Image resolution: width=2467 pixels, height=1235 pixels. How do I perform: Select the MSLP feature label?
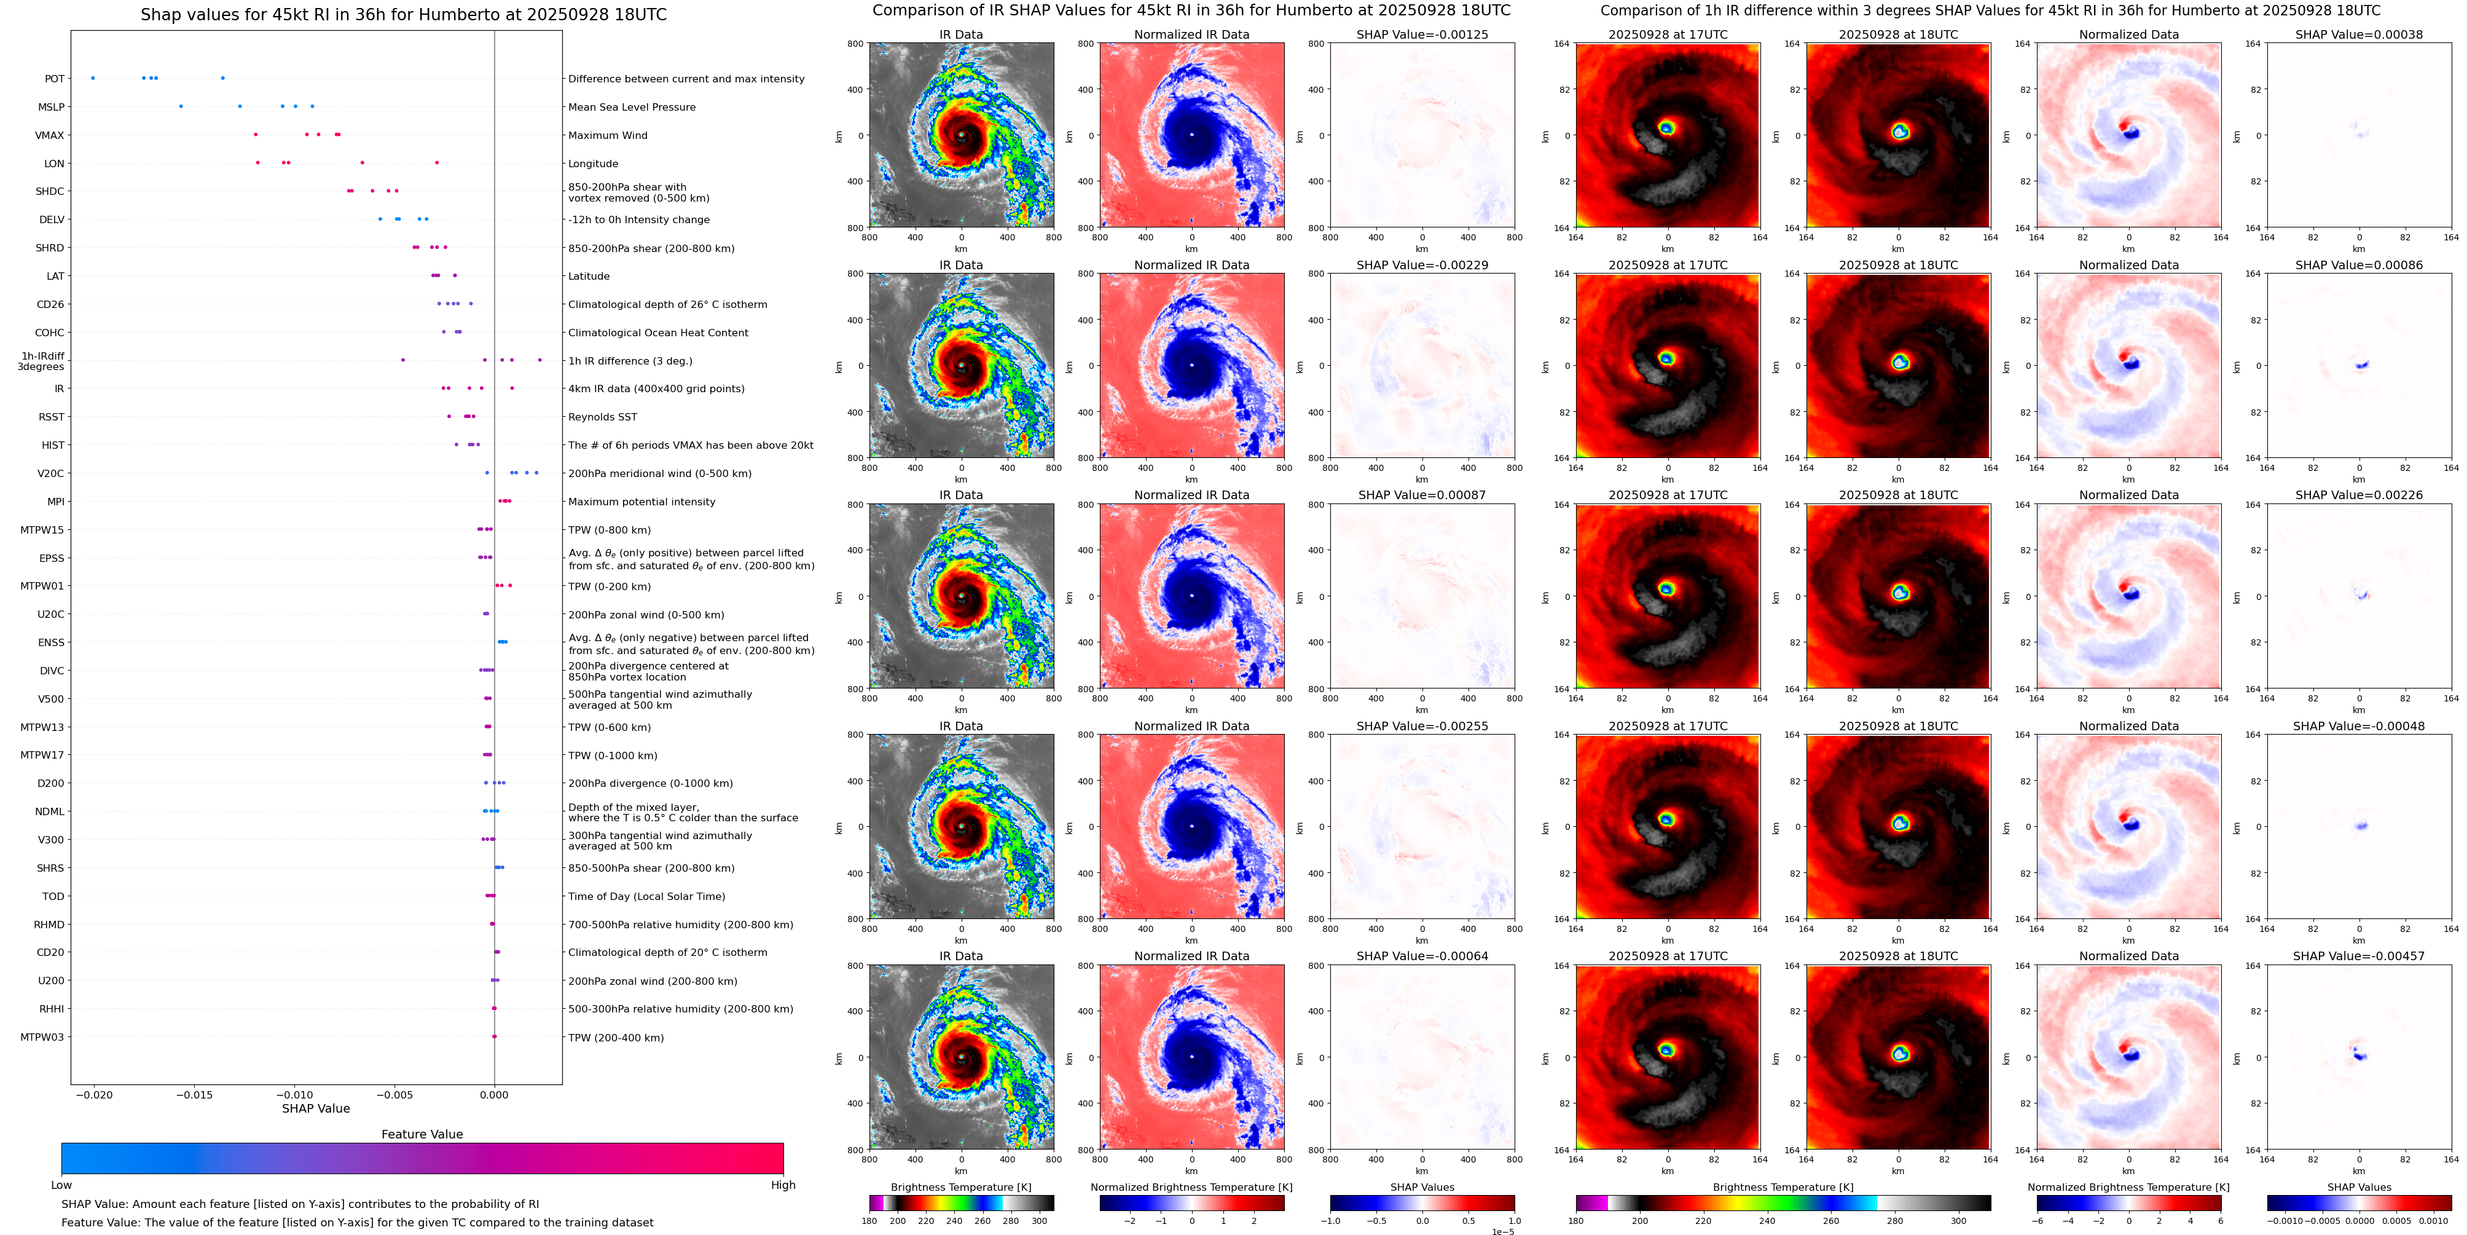point(51,108)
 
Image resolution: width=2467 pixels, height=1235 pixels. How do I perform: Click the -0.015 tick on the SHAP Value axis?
point(194,1095)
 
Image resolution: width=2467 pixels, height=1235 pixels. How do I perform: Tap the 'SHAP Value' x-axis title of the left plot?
point(315,1108)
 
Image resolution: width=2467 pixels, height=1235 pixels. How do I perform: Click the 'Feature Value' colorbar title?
point(422,1134)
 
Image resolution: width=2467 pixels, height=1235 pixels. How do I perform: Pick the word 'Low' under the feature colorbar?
point(61,1185)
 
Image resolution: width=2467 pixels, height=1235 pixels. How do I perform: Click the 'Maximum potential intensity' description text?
point(641,502)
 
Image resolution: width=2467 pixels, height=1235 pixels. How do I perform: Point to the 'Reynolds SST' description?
point(602,417)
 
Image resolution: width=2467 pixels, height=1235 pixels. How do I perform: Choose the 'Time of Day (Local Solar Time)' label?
point(646,897)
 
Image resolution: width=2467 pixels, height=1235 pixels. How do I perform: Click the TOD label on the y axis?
point(53,897)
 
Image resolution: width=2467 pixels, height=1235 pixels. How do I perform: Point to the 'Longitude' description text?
point(593,164)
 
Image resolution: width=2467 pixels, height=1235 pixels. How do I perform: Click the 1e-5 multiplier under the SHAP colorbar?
point(1502,1232)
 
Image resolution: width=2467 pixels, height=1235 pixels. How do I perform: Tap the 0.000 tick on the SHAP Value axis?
point(494,1095)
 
